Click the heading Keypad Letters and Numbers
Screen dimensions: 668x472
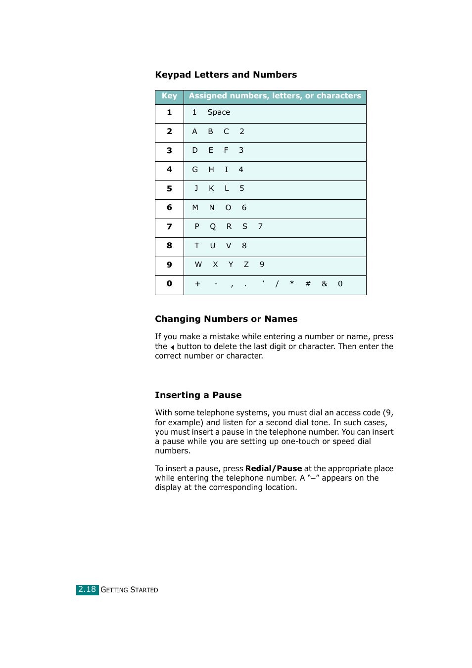(226, 75)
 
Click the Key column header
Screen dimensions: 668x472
(169, 96)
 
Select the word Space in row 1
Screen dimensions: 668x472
(219, 112)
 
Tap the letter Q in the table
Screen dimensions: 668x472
(213, 226)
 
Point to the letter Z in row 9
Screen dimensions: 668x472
(246, 265)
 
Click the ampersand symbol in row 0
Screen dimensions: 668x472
(324, 284)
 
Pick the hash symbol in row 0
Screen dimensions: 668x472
(308, 284)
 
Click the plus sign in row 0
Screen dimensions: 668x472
(197, 284)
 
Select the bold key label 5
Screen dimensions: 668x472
(169, 189)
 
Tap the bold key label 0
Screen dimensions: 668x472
(169, 284)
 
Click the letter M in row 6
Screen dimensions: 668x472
(195, 208)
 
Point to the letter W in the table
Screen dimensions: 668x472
(198, 265)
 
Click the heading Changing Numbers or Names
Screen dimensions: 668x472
(226, 319)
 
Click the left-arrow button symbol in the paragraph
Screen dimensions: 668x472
(172, 347)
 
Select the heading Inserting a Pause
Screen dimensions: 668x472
(198, 395)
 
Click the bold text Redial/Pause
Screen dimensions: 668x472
(273, 468)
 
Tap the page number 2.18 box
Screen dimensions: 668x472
(87, 589)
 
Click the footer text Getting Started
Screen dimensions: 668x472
(129, 590)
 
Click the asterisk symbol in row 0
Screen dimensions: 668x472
(292, 283)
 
